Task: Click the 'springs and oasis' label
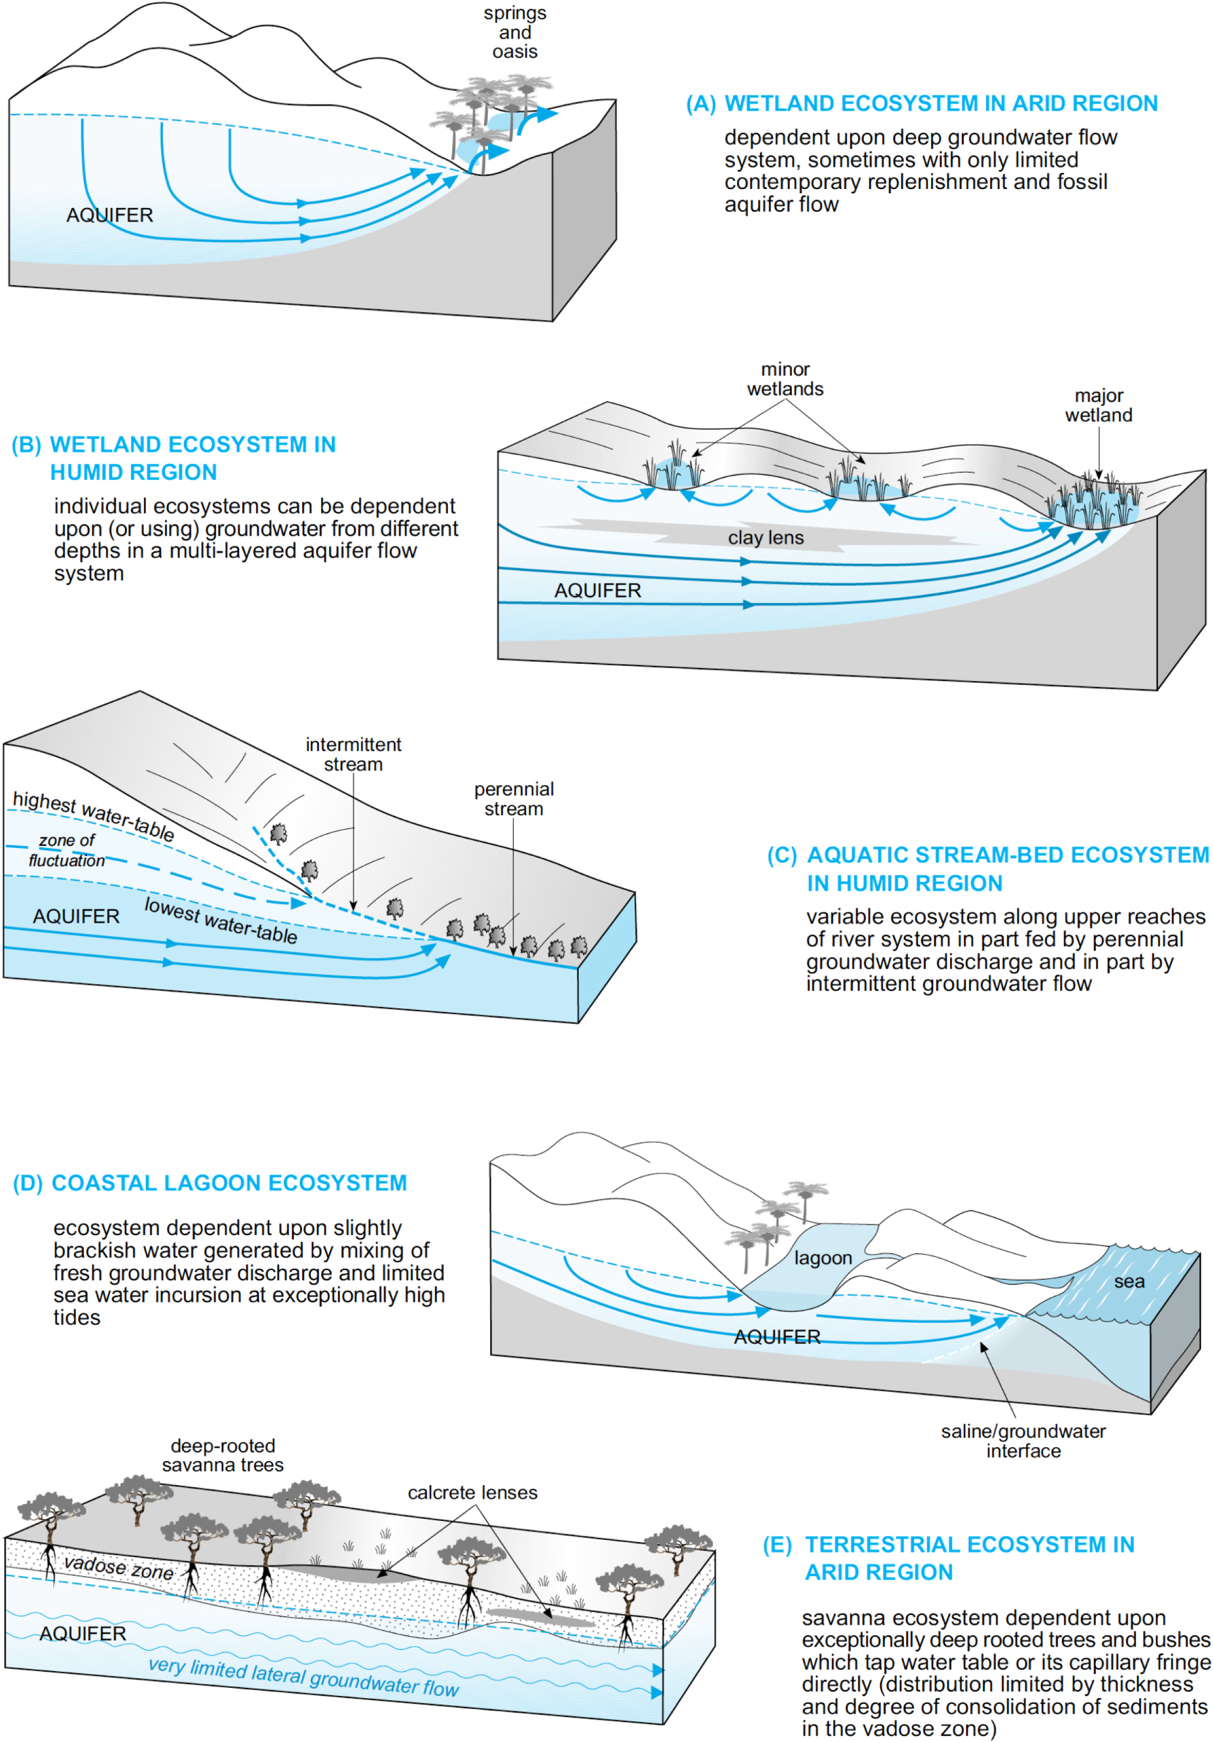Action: [x=514, y=32]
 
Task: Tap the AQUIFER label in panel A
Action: [x=109, y=216]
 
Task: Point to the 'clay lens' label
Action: [x=765, y=538]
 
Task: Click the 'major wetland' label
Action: [x=1097, y=405]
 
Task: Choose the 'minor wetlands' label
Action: [x=785, y=378]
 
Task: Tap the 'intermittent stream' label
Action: [x=353, y=754]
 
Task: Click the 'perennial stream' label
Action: [x=513, y=799]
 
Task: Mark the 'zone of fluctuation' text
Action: [x=67, y=850]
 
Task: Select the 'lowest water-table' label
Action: [x=220, y=921]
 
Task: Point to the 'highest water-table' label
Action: [x=93, y=815]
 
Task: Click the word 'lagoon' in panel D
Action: [x=822, y=1258]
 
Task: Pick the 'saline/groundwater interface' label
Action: [x=1023, y=1441]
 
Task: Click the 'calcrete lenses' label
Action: [x=472, y=1493]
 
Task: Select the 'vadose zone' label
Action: [x=118, y=1568]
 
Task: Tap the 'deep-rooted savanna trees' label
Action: [x=223, y=1455]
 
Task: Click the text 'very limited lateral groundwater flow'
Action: [x=303, y=1677]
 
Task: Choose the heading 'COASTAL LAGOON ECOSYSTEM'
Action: [x=228, y=1183]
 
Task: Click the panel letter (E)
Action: [x=777, y=1545]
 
